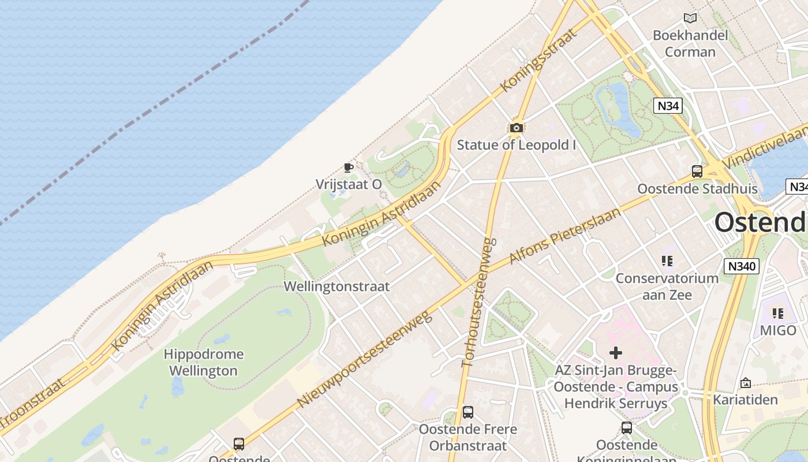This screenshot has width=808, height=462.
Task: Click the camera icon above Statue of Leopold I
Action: (517, 128)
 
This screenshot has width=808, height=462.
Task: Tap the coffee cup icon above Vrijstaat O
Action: (348, 167)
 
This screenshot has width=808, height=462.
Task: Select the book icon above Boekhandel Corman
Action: (690, 18)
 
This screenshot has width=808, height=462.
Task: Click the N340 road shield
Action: (741, 266)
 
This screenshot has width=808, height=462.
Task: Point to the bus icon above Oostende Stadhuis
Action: (697, 172)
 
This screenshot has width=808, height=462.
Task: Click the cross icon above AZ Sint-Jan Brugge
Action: (616, 352)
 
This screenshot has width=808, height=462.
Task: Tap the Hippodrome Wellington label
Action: (203, 362)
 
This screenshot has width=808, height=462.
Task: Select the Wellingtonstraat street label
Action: (336, 286)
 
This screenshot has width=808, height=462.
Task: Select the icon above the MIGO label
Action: (778, 314)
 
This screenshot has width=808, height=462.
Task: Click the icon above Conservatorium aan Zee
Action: (667, 261)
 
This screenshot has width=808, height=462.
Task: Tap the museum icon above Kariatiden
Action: (745, 382)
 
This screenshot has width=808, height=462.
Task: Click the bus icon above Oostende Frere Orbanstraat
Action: (468, 412)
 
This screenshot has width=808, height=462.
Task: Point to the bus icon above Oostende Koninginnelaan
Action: (627, 428)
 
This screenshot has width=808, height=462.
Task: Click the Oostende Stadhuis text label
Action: (697, 189)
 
